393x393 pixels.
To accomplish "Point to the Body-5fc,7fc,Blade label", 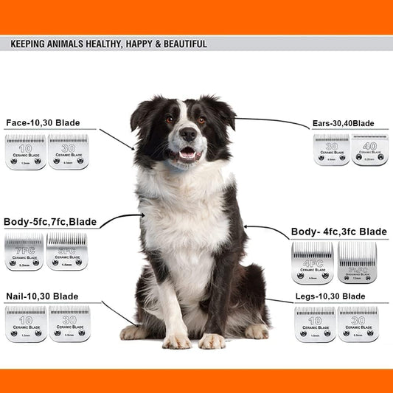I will coord(50,221).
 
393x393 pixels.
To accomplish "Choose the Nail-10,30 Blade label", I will coord(42,296).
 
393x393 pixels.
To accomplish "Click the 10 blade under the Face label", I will coord(25,152).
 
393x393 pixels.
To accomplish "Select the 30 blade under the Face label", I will coord(68,152).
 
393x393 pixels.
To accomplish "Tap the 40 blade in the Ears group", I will coord(369,150).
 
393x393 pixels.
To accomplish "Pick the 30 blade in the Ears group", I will coord(331,150).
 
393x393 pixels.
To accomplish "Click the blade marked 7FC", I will coord(24,251).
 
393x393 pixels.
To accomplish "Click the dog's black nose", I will coord(189,134).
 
